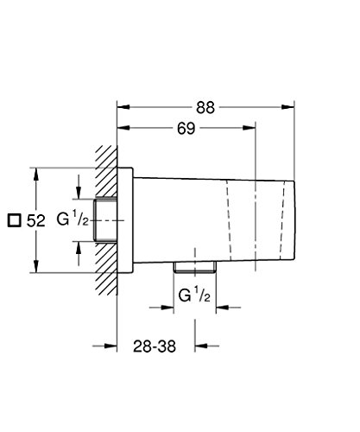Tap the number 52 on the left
[x=35, y=221]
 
